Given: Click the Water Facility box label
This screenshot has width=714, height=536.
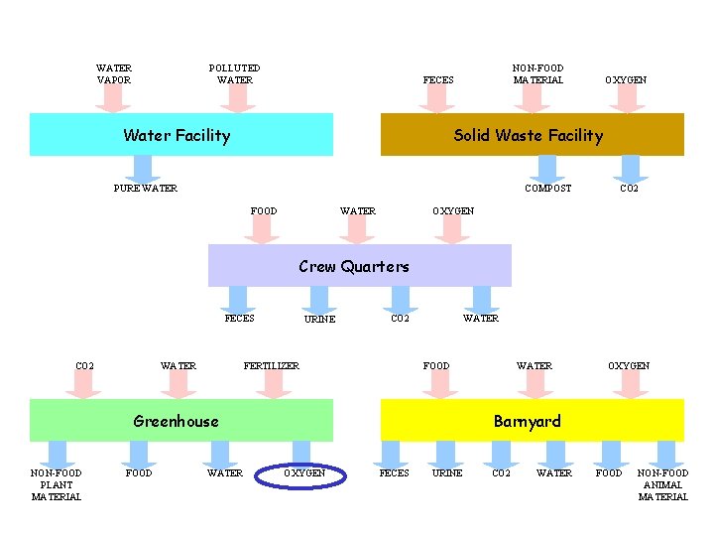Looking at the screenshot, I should pyautogui.click(x=177, y=136).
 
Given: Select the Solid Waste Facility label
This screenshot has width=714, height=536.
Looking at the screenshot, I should pyautogui.click(x=528, y=136).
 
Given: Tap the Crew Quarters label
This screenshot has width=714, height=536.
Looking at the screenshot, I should pyautogui.click(x=354, y=266).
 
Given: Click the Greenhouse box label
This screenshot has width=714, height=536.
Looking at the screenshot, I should pyautogui.click(x=176, y=421).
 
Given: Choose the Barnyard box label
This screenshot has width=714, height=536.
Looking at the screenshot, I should pyautogui.click(x=528, y=421).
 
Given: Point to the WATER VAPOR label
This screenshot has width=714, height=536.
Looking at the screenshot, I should pyautogui.click(x=114, y=74).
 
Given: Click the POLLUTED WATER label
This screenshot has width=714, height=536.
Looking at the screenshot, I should pyautogui.click(x=235, y=74).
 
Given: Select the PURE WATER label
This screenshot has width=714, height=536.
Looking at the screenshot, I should pyautogui.click(x=146, y=188).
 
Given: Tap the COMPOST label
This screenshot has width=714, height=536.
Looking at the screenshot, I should pyautogui.click(x=548, y=188).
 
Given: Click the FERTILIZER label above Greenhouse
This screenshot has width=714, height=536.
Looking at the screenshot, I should pyautogui.click(x=272, y=366).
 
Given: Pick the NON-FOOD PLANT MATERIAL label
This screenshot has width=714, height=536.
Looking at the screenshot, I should pyautogui.click(x=57, y=484).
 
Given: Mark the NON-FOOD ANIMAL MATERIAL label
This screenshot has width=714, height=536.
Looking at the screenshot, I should pyautogui.click(x=662, y=484).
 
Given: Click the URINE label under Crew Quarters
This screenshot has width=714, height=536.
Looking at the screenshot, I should pyautogui.click(x=319, y=320).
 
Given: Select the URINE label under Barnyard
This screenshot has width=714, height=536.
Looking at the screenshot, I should pyautogui.click(x=447, y=473).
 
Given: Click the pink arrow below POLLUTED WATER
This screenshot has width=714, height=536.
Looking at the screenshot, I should pyautogui.click(x=236, y=97).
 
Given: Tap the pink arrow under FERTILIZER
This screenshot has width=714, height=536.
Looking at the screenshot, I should pyautogui.click(x=272, y=385).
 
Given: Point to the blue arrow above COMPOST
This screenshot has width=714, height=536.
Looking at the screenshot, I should pyautogui.click(x=548, y=168).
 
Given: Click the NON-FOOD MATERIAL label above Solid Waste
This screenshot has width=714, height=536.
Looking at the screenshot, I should pyautogui.click(x=538, y=74).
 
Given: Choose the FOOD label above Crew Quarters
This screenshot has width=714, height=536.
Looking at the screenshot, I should pyautogui.click(x=264, y=210).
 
